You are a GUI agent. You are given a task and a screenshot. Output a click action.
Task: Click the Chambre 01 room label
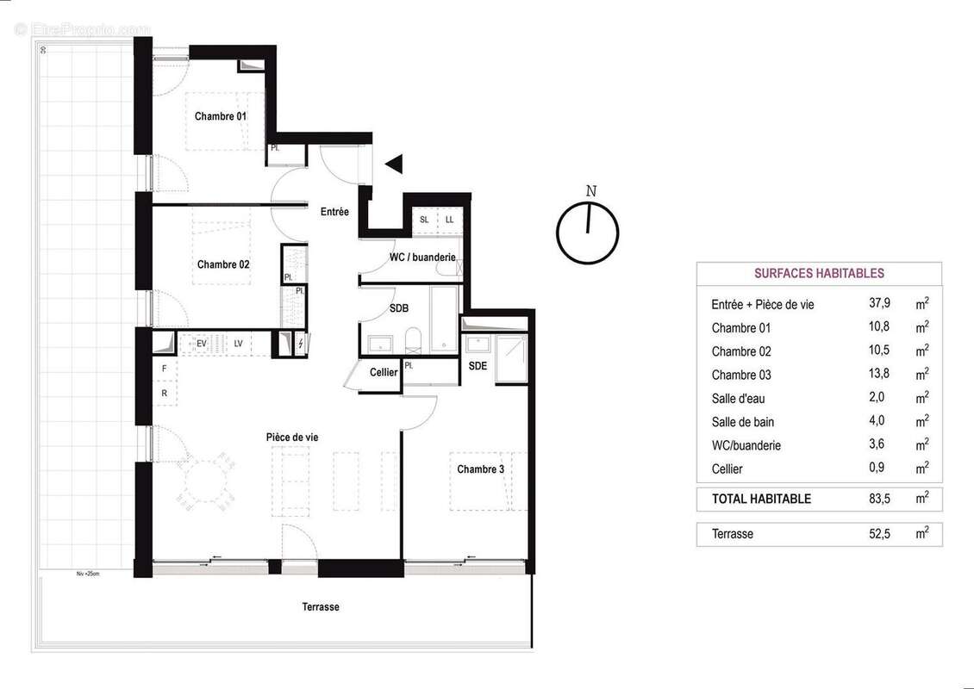tap(221, 116)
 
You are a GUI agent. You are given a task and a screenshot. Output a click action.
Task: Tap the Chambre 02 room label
tap(223, 264)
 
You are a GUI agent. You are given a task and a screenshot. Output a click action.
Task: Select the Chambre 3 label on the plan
tap(481, 469)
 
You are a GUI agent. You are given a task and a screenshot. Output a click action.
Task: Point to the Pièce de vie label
tap(292, 438)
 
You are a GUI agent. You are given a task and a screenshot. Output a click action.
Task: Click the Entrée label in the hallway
tap(334, 212)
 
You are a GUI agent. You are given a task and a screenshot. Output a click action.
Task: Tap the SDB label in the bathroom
tap(399, 308)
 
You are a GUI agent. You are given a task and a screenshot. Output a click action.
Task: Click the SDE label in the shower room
tap(478, 366)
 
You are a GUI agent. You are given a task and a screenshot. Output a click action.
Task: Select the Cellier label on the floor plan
tap(384, 372)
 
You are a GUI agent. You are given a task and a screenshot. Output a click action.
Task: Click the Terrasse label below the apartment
tap(321, 607)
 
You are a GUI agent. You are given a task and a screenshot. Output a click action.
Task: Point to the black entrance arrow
tap(394, 164)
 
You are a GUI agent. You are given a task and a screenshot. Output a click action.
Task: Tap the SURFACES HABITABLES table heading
tap(819, 274)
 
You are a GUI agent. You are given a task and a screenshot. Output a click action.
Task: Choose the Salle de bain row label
tap(745, 422)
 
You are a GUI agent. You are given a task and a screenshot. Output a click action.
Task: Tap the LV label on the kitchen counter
tap(238, 344)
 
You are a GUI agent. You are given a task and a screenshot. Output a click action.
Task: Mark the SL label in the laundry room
tap(424, 220)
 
